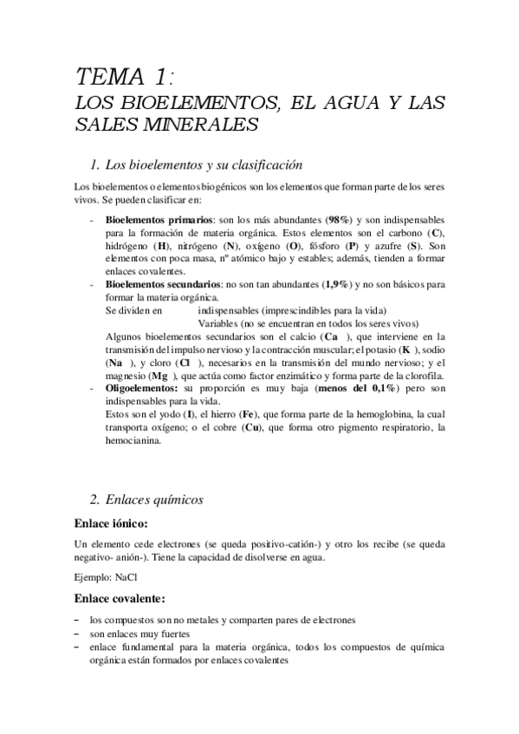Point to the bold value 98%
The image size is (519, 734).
(x=340, y=221)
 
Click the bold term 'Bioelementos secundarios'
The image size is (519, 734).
(x=164, y=284)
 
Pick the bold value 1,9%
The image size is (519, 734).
(x=336, y=284)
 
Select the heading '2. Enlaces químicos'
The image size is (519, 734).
(x=159, y=499)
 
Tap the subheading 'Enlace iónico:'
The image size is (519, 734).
(x=116, y=525)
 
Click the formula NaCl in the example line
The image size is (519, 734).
(x=127, y=575)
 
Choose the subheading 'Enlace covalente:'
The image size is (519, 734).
(x=127, y=599)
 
